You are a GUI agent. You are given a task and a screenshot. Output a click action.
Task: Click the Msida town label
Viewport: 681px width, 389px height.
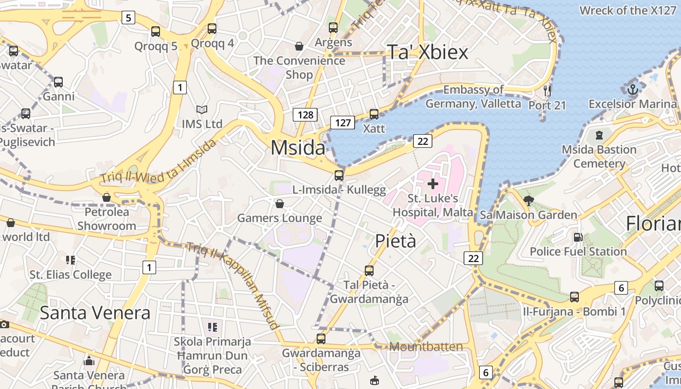pos(298,148)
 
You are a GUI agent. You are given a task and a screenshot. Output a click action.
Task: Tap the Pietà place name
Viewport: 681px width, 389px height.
pos(395,241)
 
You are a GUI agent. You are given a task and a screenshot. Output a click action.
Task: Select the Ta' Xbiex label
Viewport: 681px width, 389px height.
pos(428,53)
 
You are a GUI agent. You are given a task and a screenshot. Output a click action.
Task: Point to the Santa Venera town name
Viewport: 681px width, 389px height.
pos(95,313)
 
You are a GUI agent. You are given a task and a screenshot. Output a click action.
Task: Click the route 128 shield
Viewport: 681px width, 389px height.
pos(305,115)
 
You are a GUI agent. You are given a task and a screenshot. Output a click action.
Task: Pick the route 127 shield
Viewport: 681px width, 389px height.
pos(342,123)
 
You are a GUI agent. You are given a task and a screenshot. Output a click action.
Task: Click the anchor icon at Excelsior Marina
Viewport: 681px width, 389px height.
pos(632,89)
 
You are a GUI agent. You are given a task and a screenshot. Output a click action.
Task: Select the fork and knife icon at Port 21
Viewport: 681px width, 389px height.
pos(547,90)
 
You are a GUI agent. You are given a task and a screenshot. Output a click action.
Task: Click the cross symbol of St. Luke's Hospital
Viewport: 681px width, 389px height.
pos(432,184)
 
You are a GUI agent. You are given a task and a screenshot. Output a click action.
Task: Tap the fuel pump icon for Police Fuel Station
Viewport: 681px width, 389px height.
pos(578,237)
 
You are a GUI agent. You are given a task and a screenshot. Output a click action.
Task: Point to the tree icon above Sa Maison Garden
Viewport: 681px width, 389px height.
pos(528,200)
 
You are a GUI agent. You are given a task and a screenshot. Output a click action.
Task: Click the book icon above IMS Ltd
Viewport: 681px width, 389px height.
pos(201,110)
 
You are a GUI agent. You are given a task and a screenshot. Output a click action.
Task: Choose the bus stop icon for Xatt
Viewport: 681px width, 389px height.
pos(374,114)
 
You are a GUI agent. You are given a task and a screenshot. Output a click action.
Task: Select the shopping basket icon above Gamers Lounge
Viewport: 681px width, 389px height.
pos(279,203)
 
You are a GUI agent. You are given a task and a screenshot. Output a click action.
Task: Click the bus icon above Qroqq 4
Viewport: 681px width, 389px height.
pos(212,29)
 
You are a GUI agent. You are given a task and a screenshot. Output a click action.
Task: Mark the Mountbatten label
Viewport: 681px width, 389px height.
pos(426,347)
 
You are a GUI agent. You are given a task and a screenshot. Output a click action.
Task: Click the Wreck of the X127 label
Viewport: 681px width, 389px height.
pos(627,10)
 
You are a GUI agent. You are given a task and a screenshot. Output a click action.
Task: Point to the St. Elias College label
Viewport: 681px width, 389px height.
pos(71,275)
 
